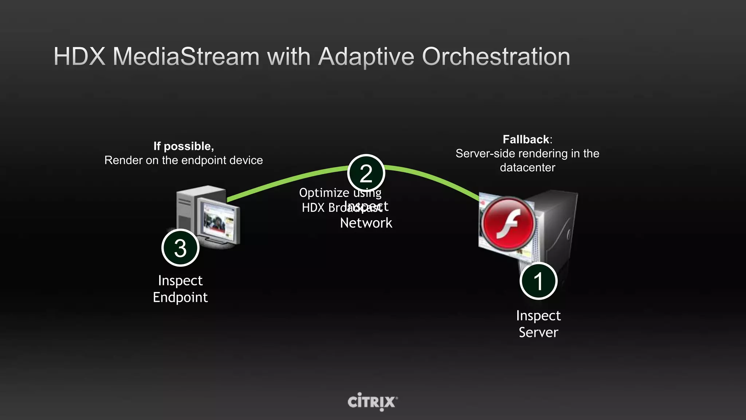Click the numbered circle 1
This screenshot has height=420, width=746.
[538, 281]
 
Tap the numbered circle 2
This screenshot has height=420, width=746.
[366, 173]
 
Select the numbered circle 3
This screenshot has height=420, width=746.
[180, 248]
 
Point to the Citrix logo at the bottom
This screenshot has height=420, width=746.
[372, 402]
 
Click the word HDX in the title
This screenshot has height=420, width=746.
[79, 57]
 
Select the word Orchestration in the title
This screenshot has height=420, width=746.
[496, 57]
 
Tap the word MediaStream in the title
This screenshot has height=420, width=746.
[186, 57]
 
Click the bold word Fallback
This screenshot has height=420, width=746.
[526, 139]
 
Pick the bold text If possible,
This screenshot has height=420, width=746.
[184, 146]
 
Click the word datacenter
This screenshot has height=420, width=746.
[527, 168]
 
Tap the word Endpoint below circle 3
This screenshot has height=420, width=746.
[180, 297]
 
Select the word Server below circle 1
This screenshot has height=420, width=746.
[538, 332]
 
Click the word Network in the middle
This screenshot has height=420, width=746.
[366, 223]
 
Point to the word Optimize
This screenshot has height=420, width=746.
[324, 193]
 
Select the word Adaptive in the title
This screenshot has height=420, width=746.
[366, 57]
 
